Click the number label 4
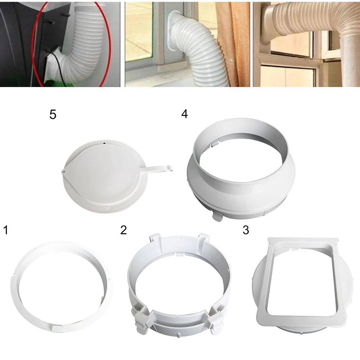click(184, 114)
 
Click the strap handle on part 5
click(158, 168)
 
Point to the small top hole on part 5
click(104, 143)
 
